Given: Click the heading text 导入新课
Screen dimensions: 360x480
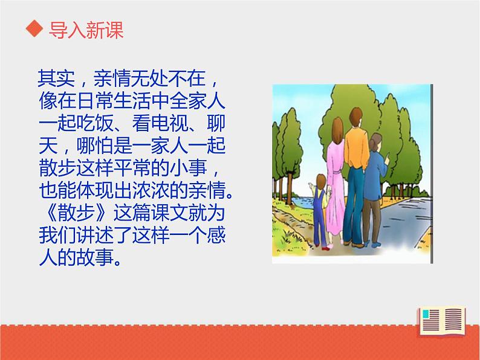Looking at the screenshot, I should (x=86, y=30).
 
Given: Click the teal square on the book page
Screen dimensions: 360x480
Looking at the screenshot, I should (x=430, y=315).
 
